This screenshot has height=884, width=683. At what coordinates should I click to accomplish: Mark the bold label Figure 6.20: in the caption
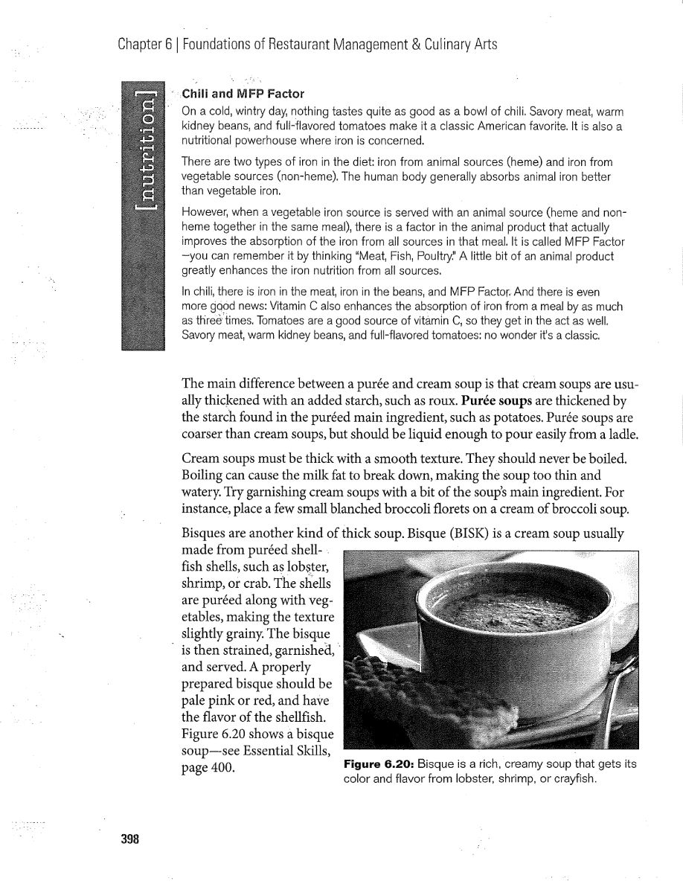tap(378, 765)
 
